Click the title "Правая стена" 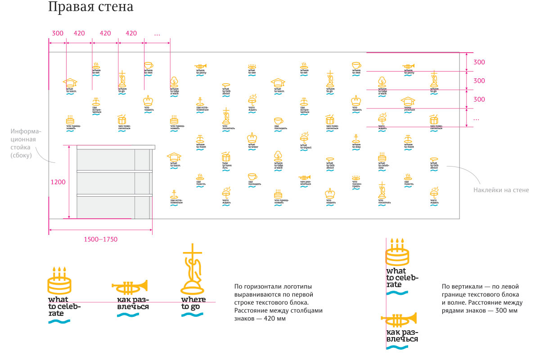(x=90, y=8)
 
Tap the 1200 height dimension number (x=58, y=182)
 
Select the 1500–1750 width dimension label (x=100, y=239)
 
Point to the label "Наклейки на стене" (x=501, y=190)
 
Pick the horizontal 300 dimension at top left (x=58, y=33)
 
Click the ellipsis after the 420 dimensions (x=157, y=34)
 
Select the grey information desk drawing (x=115, y=182)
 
